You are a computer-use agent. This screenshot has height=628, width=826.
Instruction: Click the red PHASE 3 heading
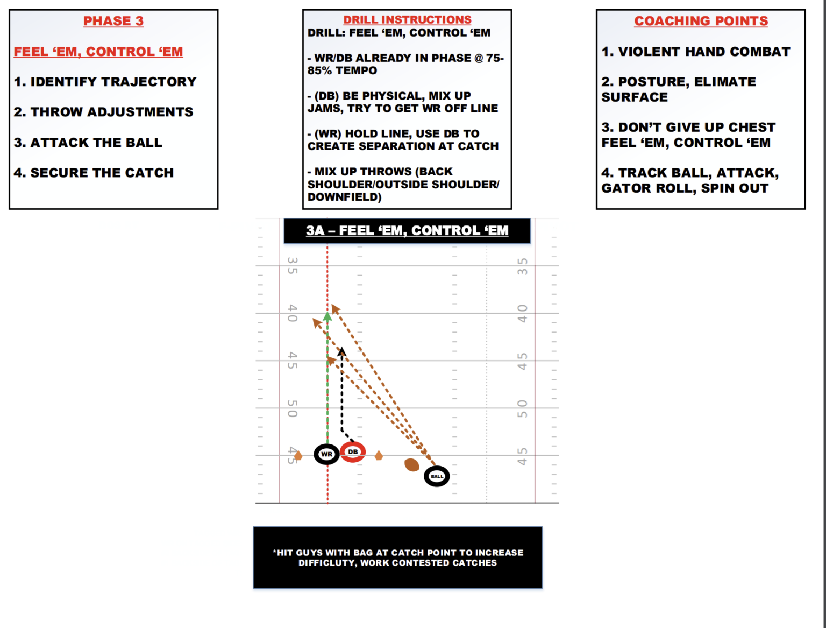(113, 21)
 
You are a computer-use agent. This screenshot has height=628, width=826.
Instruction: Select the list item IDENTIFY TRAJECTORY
(105, 82)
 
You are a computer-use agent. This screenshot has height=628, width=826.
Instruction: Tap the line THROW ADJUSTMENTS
(103, 112)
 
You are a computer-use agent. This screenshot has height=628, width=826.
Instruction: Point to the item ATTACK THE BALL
(88, 143)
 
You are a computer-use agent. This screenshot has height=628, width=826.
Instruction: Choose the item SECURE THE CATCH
(94, 173)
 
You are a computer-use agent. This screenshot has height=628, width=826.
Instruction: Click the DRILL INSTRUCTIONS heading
(407, 20)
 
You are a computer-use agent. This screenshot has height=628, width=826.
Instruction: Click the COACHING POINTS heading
(701, 21)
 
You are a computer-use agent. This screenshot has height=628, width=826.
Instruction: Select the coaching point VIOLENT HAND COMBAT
(696, 52)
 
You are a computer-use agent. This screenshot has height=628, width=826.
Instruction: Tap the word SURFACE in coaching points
(635, 97)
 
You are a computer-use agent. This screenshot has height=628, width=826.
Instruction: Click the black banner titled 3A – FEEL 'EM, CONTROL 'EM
(407, 231)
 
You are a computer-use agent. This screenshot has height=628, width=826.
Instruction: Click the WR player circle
(326, 454)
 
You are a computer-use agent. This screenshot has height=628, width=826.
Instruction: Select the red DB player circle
(353, 452)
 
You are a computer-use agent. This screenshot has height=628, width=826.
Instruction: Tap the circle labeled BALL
(437, 476)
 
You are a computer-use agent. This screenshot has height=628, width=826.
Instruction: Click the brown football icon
(412, 464)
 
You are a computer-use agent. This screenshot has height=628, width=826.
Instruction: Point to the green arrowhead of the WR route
(327, 316)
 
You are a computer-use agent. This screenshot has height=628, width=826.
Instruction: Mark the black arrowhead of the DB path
(342, 351)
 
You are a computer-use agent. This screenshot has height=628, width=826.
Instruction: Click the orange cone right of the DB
(379, 456)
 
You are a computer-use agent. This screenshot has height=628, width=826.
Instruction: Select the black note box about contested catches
(397, 558)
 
